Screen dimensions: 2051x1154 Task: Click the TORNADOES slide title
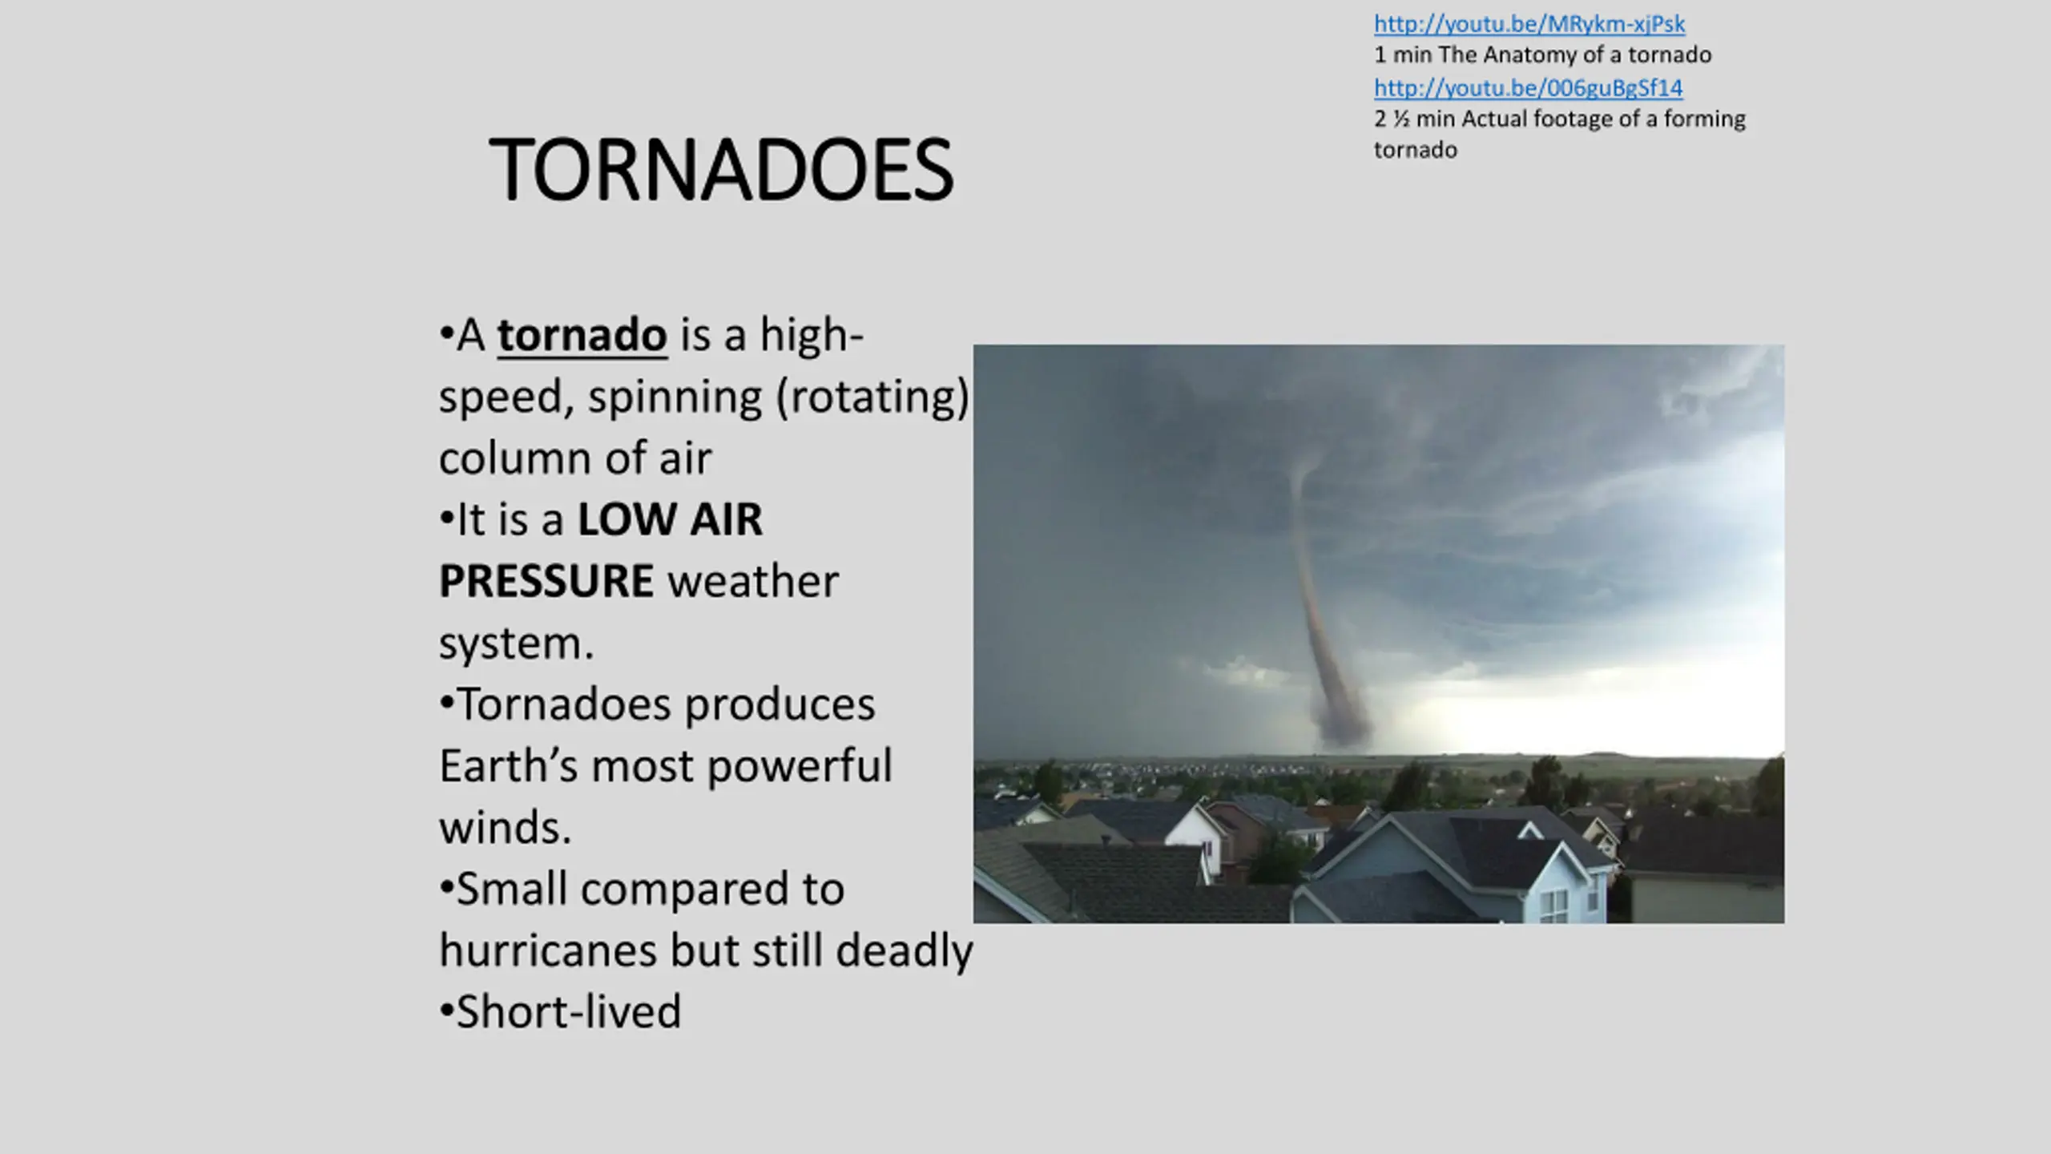pyautogui.click(x=721, y=170)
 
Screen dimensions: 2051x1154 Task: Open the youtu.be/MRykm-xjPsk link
pyautogui.click(x=1529, y=24)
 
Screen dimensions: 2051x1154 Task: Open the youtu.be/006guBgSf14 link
pyautogui.click(x=1529, y=87)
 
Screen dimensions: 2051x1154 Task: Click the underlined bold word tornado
pyautogui.click(x=582, y=335)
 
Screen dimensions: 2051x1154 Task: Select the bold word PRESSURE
pyautogui.click(x=546, y=581)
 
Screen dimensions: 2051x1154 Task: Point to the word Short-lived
pyautogui.click(x=568, y=1011)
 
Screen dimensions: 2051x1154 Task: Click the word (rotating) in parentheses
pyautogui.click(x=872, y=397)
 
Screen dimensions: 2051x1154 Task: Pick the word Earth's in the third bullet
pyautogui.click(x=508, y=765)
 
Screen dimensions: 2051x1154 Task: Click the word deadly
pyautogui.click(x=905, y=951)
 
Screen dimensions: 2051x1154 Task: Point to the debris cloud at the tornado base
pyautogui.click(x=1340, y=721)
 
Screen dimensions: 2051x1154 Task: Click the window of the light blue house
pyautogui.click(x=1554, y=906)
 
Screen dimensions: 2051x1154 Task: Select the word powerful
pyautogui.click(x=799, y=767)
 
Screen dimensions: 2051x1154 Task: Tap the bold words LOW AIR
pyautogui.click(x=670, y=519)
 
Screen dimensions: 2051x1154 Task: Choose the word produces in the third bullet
pyautogui.click(x=779, y=706)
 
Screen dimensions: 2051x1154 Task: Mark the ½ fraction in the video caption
pyautogui.click(x=1400, y=119)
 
